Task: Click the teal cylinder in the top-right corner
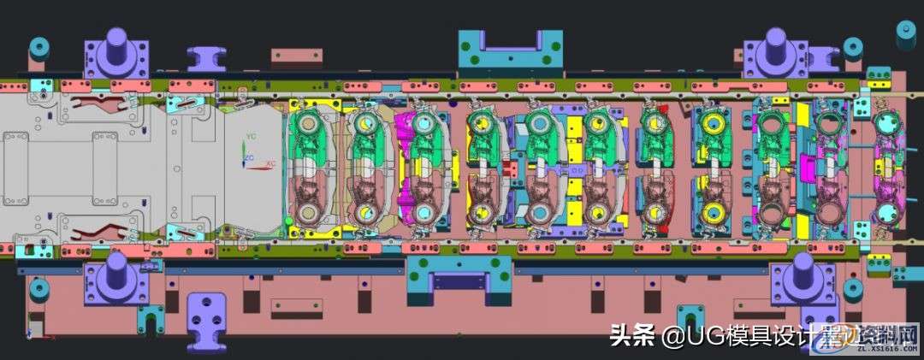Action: [904, 32]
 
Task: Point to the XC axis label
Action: [270, 163]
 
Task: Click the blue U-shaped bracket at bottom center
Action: [459, 282]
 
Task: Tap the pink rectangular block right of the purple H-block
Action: [297, 56]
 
